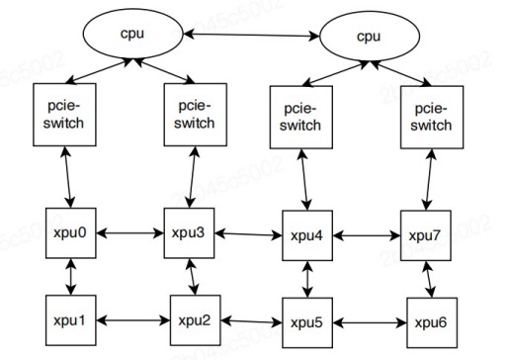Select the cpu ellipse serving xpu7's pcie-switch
[x=369, y=37]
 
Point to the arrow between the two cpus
[x=249, y=37]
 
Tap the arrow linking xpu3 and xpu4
[x=249, y=235]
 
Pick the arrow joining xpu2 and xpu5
[x=249, y=321]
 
